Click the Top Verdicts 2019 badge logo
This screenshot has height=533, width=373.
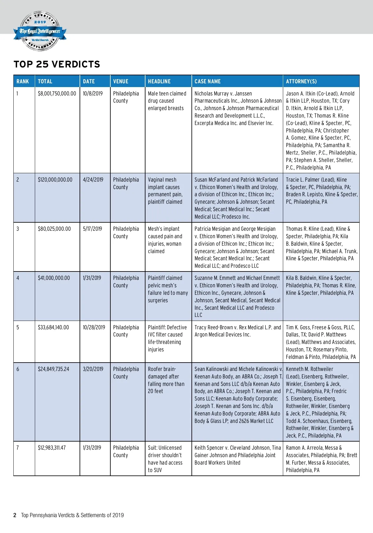(x=40, y=31)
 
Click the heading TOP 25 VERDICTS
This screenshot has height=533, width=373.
(x=57, y=64)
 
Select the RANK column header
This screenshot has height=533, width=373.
(x=23, y=81)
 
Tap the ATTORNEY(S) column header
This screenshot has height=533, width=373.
(x=301, y=81)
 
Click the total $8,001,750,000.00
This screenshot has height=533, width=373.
(x=57, y=94)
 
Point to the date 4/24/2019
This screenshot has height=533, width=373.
(x=93, y=180)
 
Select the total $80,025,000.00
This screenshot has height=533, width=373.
(x=54, y=229)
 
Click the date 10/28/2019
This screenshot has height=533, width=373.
(x=94, y=327)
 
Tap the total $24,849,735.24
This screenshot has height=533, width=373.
(x=53, y=369)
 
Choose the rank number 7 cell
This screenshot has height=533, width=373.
(x=18, y=448)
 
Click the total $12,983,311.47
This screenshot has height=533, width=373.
(x=52, y=448)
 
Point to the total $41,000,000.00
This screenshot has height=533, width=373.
(x=54, y=278)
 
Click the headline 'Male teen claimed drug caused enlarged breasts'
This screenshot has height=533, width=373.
(x=167, y=101)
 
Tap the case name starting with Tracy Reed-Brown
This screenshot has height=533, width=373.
(x=237, y=331)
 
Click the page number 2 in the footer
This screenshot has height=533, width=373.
(x=15, y=515)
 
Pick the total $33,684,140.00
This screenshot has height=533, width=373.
(x=53, y=327)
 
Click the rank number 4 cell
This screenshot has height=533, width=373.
(x=18, y=278)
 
